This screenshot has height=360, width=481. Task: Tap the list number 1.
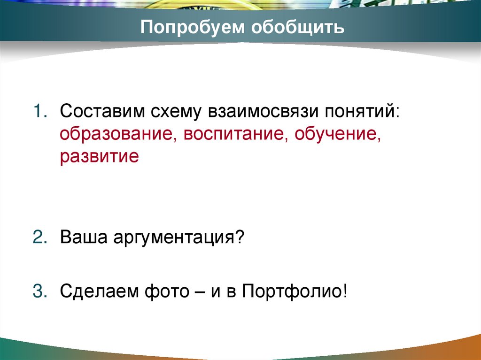pos(39,113)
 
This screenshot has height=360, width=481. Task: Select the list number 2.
pos(39,237)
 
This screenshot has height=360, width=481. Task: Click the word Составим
pos(102,113)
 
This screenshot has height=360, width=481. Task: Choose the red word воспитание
pos(235,135)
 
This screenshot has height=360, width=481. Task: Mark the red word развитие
pos(99,156)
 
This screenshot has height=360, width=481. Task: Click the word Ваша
pos(83,237)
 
